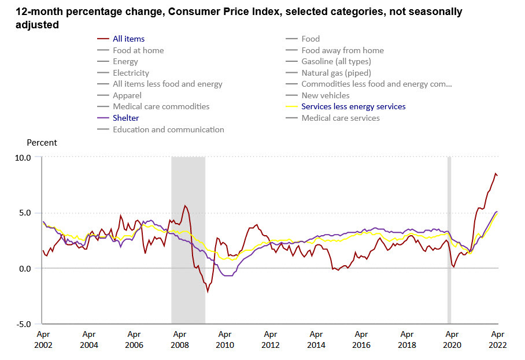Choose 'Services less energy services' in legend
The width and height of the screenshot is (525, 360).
tap(353, 106)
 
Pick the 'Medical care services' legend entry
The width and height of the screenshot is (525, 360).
tap(341, 118)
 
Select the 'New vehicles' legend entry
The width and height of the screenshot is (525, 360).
tap(325, 95)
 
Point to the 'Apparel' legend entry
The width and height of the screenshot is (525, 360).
tap(127, 95)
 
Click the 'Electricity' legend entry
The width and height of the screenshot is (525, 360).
tap(131, 73)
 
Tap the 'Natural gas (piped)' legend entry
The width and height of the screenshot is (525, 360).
tap(336, 73)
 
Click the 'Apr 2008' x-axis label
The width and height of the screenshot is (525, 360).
tap(179, 340)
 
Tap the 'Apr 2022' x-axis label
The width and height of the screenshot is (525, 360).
tap(498, 340)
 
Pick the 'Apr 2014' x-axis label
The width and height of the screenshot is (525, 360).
tap(316, 340)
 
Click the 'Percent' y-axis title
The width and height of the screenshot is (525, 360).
tap(42, 142)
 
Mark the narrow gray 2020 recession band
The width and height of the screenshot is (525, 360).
tap(449, 240)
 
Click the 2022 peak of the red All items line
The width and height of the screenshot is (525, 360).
tap(495, 173)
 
